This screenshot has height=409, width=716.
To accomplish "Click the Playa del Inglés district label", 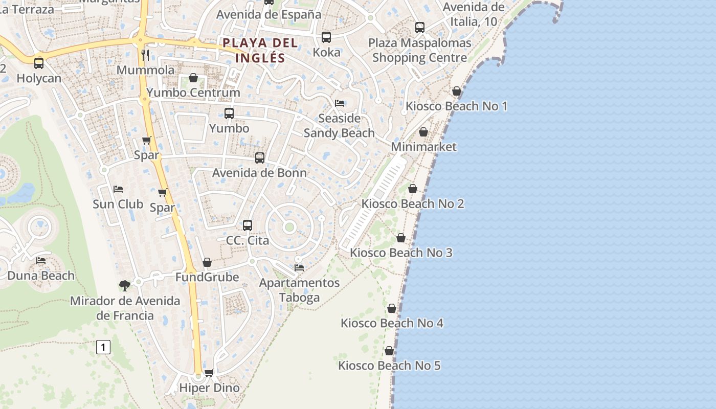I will [x=260, y=50].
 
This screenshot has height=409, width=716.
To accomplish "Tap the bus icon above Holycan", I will [x=39, y=63].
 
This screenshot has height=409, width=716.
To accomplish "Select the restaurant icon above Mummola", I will [x=145, y=55].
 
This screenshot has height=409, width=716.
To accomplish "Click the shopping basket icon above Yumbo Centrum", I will [x=193, y=78].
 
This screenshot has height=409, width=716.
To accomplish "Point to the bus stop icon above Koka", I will [x=326, y=37].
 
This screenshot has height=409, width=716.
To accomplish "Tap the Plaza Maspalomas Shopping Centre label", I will [x=419, y=50].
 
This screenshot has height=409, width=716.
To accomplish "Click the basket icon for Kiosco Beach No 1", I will [x=457, y=91].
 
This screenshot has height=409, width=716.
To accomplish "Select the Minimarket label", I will [x=423, y=147].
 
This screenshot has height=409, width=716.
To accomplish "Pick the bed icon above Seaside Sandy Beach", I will [x=340, y=103].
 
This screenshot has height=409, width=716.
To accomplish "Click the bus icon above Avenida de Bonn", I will [x=260, y=158].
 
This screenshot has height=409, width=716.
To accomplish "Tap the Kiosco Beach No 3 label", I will [x=401, y=253].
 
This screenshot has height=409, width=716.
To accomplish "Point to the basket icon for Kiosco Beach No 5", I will [x=389, y=351].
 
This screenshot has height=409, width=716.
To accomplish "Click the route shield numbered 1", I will [x=103, y=348].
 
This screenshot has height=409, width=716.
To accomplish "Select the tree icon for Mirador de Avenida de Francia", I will [x=124, y=285].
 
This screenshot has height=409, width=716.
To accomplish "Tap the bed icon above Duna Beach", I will [x=41, y=261].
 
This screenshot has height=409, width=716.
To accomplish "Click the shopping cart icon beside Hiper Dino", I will [x=209, y=373].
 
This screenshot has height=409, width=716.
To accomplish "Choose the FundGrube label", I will [x=207, y=277].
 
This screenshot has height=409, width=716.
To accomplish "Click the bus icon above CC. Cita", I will [x=248, y=225].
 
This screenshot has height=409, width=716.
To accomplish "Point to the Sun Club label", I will [x=118, y=204].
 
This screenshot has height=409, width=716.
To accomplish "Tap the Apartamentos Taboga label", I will [x=299, y=290].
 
